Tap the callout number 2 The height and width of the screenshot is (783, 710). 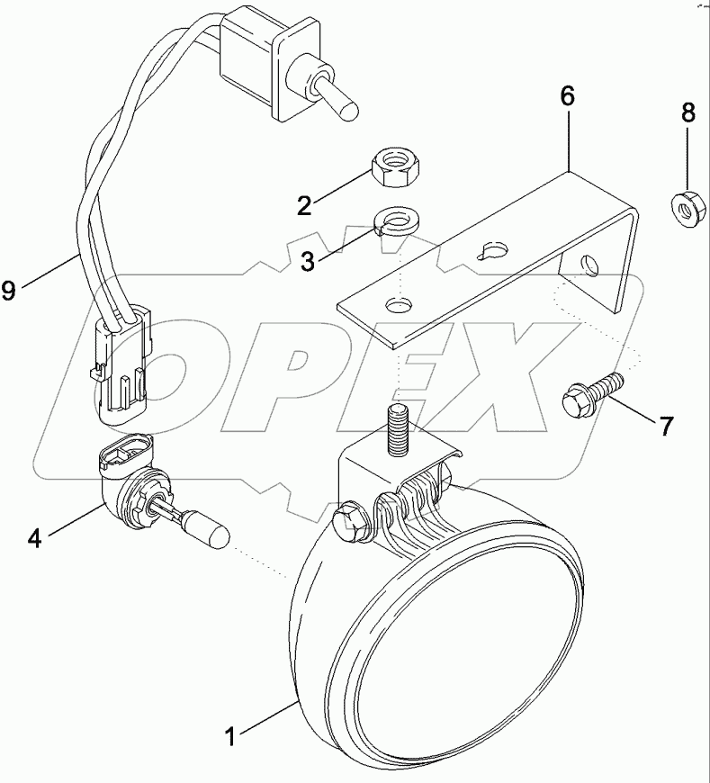[305, 204]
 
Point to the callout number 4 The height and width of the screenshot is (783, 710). [34, 538]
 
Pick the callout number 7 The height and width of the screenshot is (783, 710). [665, 426]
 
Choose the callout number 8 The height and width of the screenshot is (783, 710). [688, 112]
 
